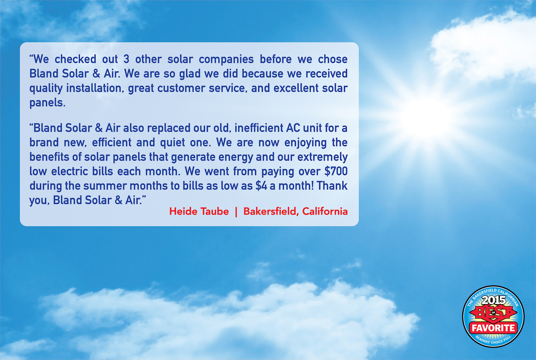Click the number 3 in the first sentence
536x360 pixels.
point(126,59)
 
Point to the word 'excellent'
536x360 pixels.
point(296,88)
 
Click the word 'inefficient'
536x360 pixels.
point(259,128)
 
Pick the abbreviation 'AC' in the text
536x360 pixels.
point(293,128)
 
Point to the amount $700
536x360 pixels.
point(336,171)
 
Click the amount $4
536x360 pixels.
point(261,186)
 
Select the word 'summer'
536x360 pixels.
point(105,186)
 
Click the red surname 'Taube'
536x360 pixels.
point(215,211)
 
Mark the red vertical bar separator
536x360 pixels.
point(236,212)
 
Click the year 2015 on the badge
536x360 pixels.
point(494,300)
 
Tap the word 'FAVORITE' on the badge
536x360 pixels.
point(494,328)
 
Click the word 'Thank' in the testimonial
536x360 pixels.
point(332,186)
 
